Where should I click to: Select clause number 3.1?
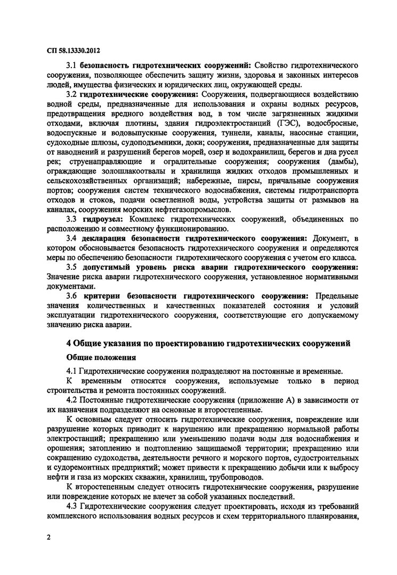coord(72,65)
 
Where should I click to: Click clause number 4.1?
coord(72,371)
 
